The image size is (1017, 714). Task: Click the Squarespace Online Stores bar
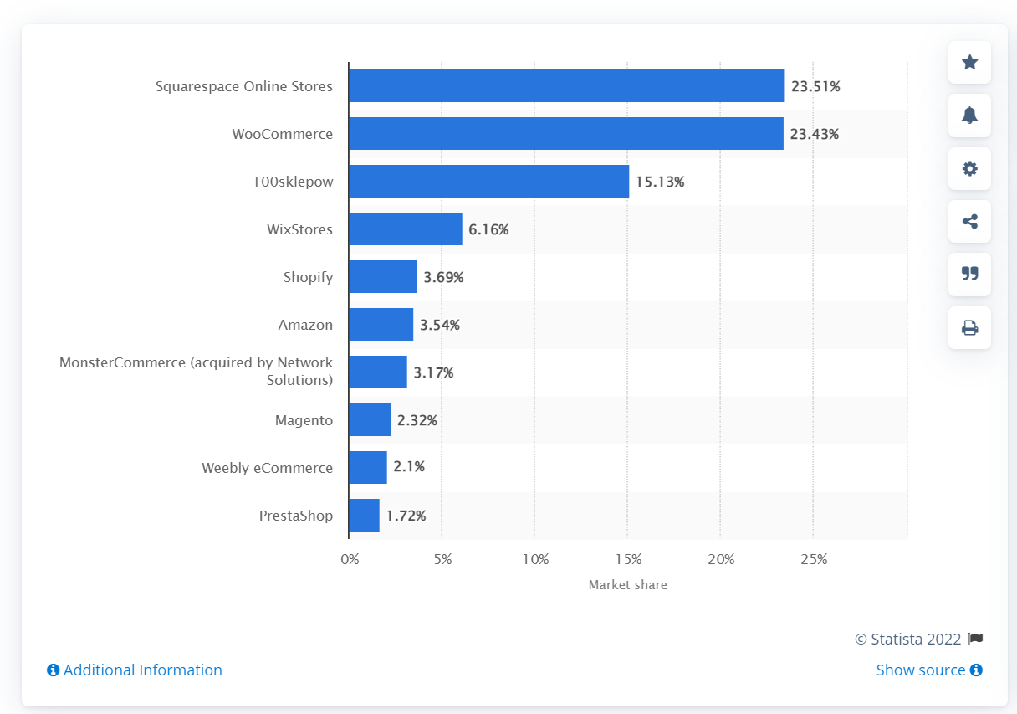566,86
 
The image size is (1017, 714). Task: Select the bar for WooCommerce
565,134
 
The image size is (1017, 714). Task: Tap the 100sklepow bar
488,182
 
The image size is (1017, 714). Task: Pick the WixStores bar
405,229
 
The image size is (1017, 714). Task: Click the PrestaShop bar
364,516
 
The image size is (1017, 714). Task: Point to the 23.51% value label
815,86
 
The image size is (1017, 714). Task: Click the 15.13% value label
660,182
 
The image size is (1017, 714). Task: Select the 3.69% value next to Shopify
443,277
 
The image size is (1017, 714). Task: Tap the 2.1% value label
409,467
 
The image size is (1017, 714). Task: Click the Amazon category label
305,325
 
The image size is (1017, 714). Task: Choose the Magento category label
304,420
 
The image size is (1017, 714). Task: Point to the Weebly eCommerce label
267,468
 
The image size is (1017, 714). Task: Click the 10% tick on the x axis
535,559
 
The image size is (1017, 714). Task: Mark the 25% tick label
814,559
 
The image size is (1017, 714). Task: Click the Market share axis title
627,585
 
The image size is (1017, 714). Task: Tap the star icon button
969,62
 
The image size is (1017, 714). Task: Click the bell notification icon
969,116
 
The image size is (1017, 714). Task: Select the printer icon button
969,328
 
